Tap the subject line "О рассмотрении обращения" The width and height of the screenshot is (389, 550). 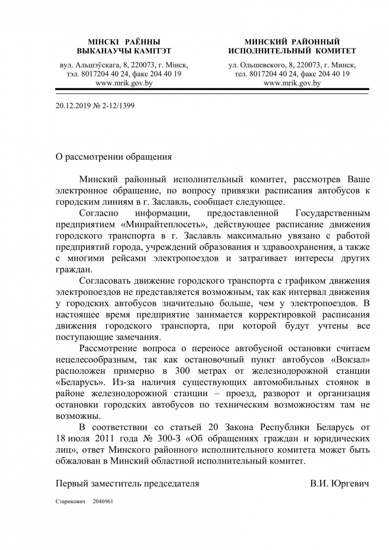[x=113, y=157]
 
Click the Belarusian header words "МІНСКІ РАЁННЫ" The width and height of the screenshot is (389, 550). [x=124, y=42]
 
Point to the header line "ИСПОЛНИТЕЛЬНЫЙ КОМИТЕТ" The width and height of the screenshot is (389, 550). [x=292, y=51]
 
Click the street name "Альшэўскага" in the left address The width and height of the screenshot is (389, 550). [x=97, y=65]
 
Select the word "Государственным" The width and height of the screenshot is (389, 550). [x=333, y=214]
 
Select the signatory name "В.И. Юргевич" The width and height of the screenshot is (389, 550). [x=339, y=483]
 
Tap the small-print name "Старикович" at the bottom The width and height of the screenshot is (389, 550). [x=70, y=501]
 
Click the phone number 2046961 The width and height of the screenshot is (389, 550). [x=103, y=501]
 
